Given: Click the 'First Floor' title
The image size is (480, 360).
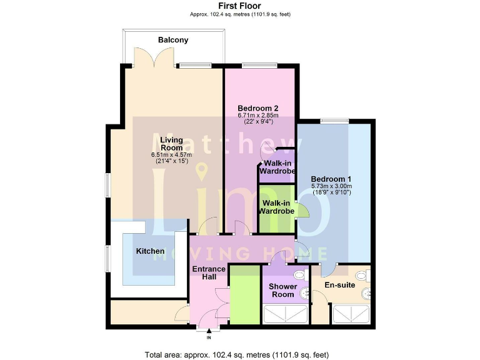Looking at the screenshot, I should pos(240,6).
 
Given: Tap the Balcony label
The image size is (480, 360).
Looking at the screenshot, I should pos(173,40).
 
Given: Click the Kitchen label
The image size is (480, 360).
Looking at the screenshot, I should pos(151,251).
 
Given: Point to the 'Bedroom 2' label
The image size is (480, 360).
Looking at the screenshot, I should pos(257,107).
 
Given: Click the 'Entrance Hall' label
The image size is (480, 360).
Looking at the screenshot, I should pos(208,273).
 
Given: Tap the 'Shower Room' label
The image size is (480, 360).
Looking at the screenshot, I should pos(283,291).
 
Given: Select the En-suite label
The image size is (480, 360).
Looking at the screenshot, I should pos(339,285).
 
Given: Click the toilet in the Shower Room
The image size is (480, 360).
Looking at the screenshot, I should pos(298,275).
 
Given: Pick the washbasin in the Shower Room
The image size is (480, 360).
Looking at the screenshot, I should pos(305,292).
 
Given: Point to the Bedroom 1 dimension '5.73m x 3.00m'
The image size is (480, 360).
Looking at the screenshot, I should pos(332,186).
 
